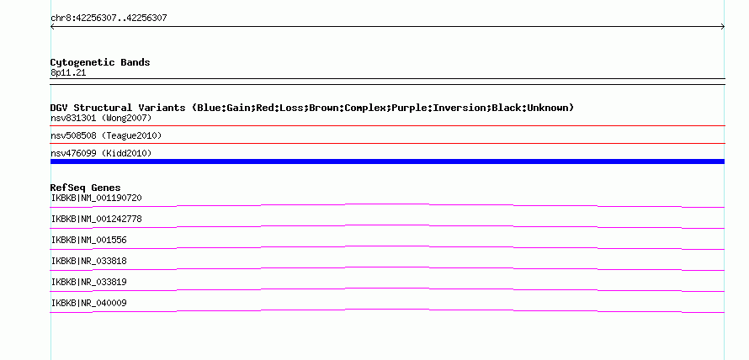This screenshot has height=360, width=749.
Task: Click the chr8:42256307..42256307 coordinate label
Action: pos(109,18)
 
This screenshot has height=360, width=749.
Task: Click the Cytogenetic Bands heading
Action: pos(100,62)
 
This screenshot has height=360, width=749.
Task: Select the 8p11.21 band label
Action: pos(68,72)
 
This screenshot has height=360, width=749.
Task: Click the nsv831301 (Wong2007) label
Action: pos(101,118)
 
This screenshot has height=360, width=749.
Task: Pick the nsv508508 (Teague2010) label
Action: pos(106,135)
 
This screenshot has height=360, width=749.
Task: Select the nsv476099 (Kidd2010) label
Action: pos(101,153)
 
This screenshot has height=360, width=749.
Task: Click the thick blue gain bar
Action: pos(387,161)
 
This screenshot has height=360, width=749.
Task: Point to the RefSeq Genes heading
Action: pos(86,188)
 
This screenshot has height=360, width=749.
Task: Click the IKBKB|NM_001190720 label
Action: pos(97,198)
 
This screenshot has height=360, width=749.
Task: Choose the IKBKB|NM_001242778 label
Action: pos(97,219)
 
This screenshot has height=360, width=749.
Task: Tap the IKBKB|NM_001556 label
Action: pos(89,240)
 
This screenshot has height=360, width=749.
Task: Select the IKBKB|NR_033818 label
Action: pos(89,261)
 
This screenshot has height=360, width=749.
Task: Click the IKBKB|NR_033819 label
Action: pos(89,282)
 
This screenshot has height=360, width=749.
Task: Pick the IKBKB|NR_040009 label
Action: pos(89,303)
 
